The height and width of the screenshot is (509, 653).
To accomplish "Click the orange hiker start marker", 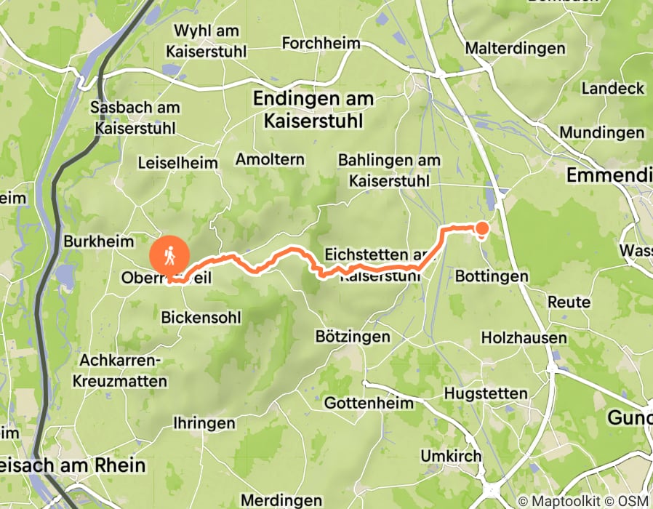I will pos(169,256).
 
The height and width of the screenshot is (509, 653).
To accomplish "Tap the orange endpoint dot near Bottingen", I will pos(481,230).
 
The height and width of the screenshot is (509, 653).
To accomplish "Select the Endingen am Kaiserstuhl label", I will pos(313,109).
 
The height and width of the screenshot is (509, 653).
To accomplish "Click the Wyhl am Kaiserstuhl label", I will pos(206,41).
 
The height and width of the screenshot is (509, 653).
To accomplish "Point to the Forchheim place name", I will pos(321,43).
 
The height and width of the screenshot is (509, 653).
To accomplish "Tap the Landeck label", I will pos(613,89).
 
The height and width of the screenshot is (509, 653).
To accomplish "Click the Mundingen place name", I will pos(601,133).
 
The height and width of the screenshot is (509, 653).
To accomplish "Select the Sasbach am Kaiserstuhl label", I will pos(135,118).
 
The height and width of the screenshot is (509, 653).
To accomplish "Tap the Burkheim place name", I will pos(100,241).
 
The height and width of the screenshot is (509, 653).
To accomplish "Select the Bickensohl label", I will pos(201,317).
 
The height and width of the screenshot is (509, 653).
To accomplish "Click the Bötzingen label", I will pos(353,337).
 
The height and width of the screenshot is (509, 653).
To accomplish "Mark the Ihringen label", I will pos(204,423).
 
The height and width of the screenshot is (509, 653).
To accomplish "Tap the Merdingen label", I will pos(281,500).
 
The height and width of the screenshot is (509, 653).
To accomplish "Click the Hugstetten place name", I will pos(485,393).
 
